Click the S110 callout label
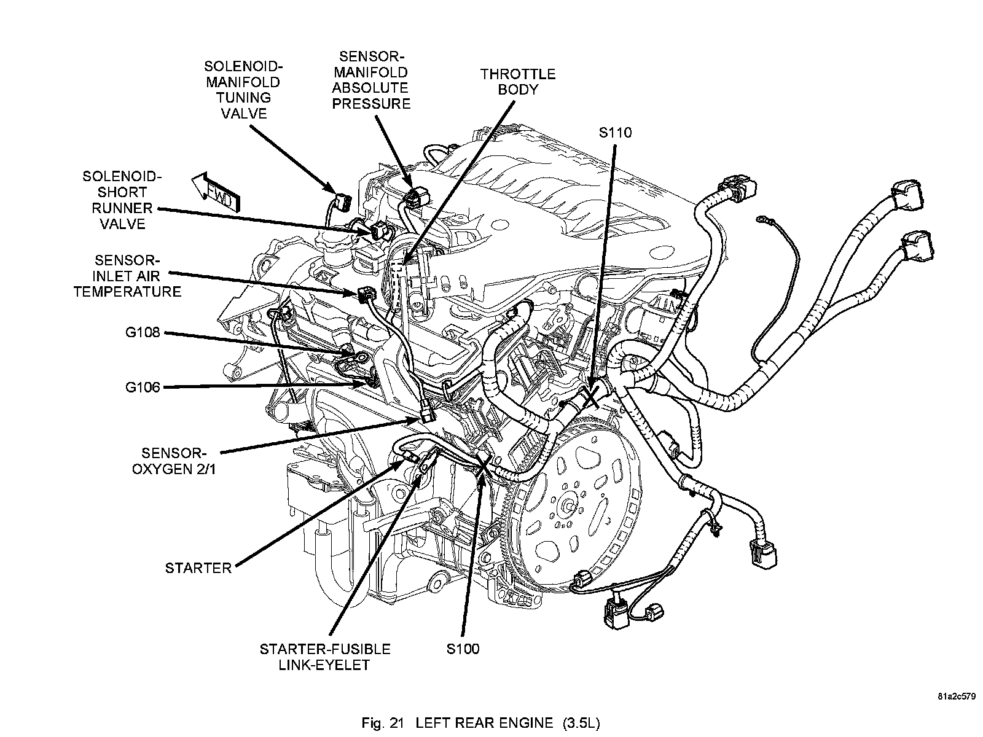(x=615, y=133)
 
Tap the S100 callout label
(x=463, y=649)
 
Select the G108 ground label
(x=143, y=332)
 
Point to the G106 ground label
(x=143, y=387)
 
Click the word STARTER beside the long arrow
(x=198, y=568)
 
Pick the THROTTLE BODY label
(x=518, y=82)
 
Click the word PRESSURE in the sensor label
(x=371, y=104)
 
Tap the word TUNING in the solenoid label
(x=244, y=98)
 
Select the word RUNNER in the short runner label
(x=122, y=208)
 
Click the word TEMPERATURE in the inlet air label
(x=128, y=292)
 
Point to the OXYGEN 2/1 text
(x=174, y=469)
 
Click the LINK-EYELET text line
(x=324, y=665)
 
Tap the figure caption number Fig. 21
(x=383, y=723)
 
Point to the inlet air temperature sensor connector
(x=367, y=295)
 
